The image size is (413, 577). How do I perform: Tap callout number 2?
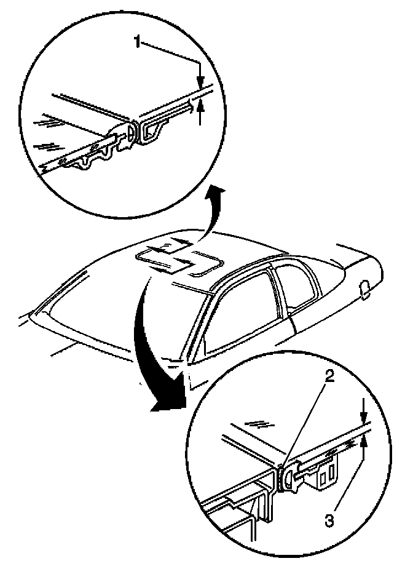coord(329,378)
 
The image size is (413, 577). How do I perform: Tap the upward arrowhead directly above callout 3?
coord(364,440)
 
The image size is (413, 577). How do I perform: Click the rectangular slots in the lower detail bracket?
coord(328,474)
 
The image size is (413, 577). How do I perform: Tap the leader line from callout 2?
coord(307,424)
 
